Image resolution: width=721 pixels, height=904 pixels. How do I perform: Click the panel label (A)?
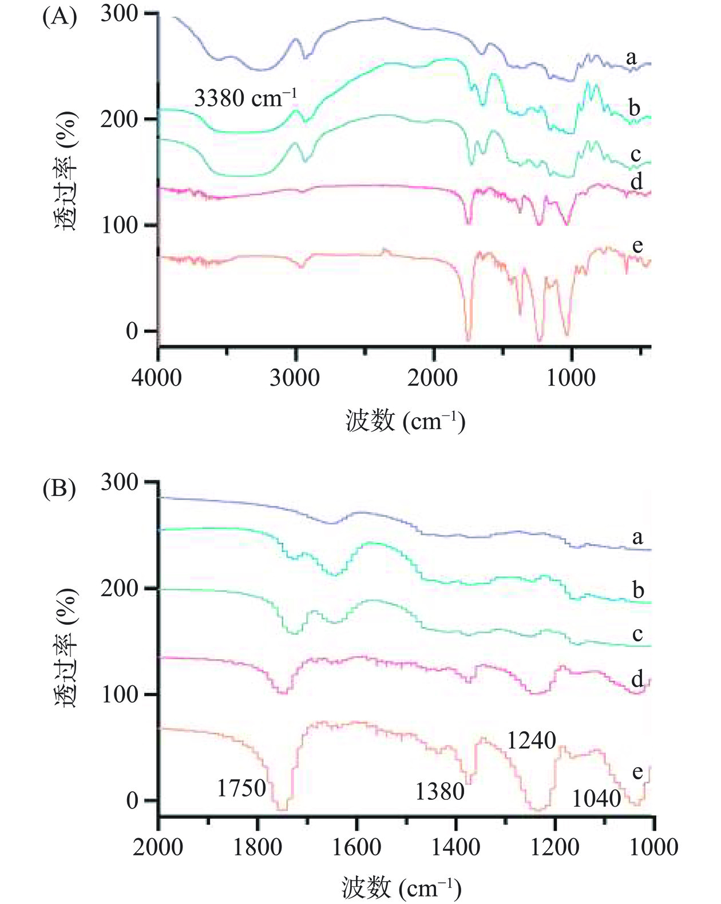(59, 17)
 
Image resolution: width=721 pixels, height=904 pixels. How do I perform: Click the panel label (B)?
(59, 489)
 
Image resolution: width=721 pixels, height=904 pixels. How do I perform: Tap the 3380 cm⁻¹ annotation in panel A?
(245, 98)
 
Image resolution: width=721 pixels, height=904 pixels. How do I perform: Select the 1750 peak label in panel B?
(241, 788)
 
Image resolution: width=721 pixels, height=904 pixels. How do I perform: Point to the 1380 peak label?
(439, 791)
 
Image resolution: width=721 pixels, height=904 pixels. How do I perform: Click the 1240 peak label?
(532, 741)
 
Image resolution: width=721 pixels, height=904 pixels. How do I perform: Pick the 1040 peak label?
(597, 798)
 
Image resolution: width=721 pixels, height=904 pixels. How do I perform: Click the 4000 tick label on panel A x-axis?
(157, 378)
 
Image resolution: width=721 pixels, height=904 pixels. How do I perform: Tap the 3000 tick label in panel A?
(295, 378)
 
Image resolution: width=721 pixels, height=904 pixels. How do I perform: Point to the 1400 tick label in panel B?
(455, 847)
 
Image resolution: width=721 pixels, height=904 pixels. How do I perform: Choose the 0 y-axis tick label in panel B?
(133, 800)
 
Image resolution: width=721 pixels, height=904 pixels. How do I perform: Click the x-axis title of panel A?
(405, 422)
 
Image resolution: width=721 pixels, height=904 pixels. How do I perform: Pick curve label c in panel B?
(637, 633)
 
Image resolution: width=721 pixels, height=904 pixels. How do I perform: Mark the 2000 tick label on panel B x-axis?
(158, 847)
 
